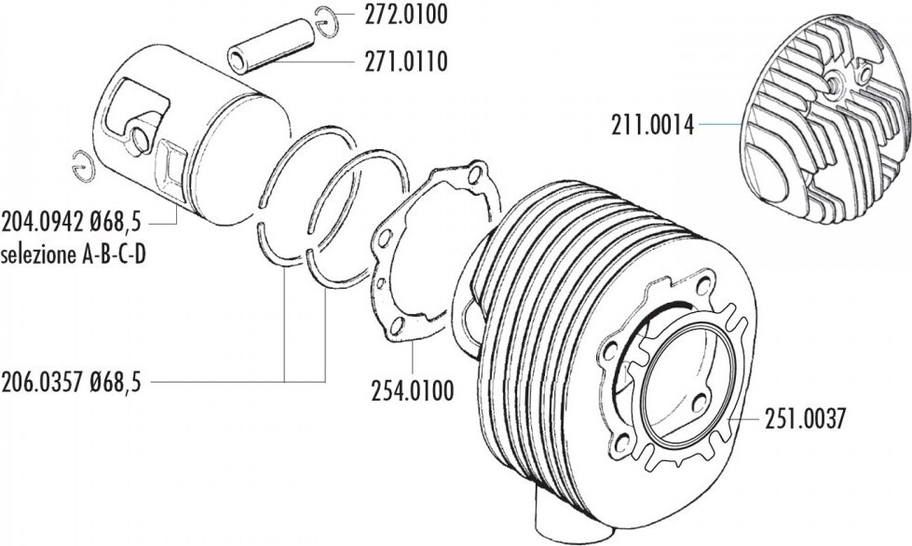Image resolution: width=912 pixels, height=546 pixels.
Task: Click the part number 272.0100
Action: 406,15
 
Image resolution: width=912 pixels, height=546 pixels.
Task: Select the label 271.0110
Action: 406,61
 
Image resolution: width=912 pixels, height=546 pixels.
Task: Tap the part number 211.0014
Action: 652,125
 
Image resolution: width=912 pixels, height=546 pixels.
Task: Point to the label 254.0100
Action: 413,390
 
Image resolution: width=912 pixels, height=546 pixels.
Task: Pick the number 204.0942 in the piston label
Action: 43,222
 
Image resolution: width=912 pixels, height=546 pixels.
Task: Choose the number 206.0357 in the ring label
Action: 43,383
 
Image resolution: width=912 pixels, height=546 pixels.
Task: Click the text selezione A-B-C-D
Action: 73,254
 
